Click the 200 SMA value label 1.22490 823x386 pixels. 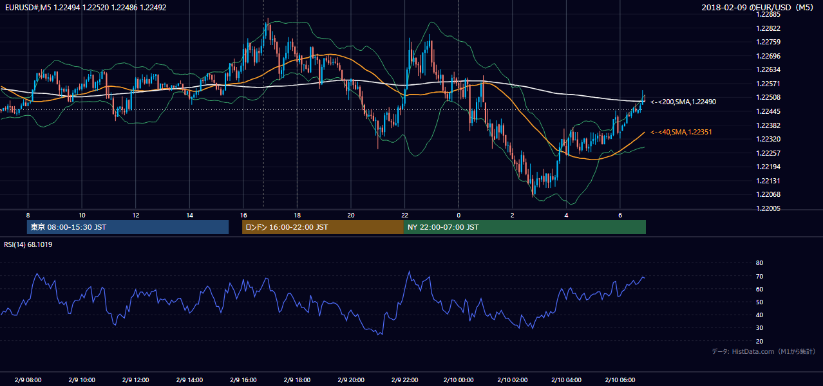click(683, 102)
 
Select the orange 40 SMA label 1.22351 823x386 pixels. click(681, 132)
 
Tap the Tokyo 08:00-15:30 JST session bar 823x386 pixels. click(128, 227)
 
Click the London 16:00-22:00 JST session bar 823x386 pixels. click(323, 227)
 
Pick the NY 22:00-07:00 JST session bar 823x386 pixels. click(525, 227)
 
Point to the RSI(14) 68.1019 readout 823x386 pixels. click(28, 244)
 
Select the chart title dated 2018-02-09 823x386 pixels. click(757, 7)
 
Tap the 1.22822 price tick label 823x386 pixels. click(768, 28)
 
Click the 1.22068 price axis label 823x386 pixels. click(768, 194)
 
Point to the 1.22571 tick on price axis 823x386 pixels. click(768, 84)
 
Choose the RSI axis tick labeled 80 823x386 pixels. click(759, 262)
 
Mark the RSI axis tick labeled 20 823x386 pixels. click(759, 341)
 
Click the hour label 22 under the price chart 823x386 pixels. click(404, 216)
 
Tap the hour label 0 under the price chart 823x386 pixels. click(459, 216)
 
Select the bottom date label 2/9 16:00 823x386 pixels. click(243, 380)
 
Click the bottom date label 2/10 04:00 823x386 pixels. click(566, 380)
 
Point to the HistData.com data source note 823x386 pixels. click(764, 351)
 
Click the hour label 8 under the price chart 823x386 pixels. click(28, 216)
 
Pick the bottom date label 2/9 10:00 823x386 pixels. click(82, 380)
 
